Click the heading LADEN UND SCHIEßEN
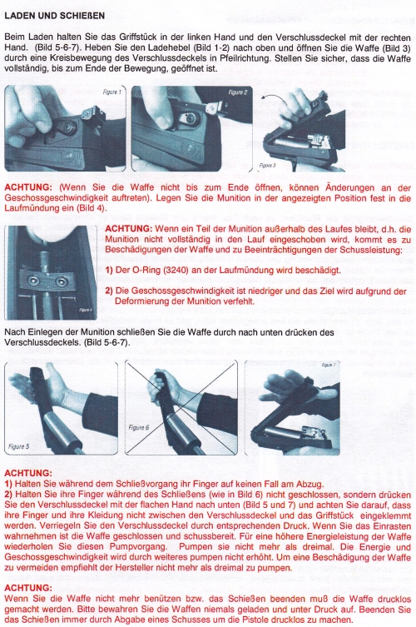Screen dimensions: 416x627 [x=55, y=16]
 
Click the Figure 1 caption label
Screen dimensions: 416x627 [x=111, y=92]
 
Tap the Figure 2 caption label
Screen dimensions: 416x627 [x=238, y=92]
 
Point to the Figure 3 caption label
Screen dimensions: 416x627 [x=267, y=165]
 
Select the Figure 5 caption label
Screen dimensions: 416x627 [x=19, y=446]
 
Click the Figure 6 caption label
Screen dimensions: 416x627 [x=139, y=427]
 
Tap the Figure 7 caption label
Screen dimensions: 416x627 [x=329, y=365]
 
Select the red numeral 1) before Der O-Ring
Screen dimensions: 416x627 [x=109, y=270]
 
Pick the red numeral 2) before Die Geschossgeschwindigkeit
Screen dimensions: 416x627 [x=109, y=291]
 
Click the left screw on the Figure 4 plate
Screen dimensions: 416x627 [x=33, y=281]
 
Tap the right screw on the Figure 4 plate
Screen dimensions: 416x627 [x=61, y=281]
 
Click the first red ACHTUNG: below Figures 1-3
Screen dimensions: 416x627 [x=28, y=187]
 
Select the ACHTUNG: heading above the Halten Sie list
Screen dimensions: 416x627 [x=28, y=474]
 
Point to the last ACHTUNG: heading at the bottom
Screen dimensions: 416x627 [x=28, y=588]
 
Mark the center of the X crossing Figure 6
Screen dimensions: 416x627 [x=181, y=408]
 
